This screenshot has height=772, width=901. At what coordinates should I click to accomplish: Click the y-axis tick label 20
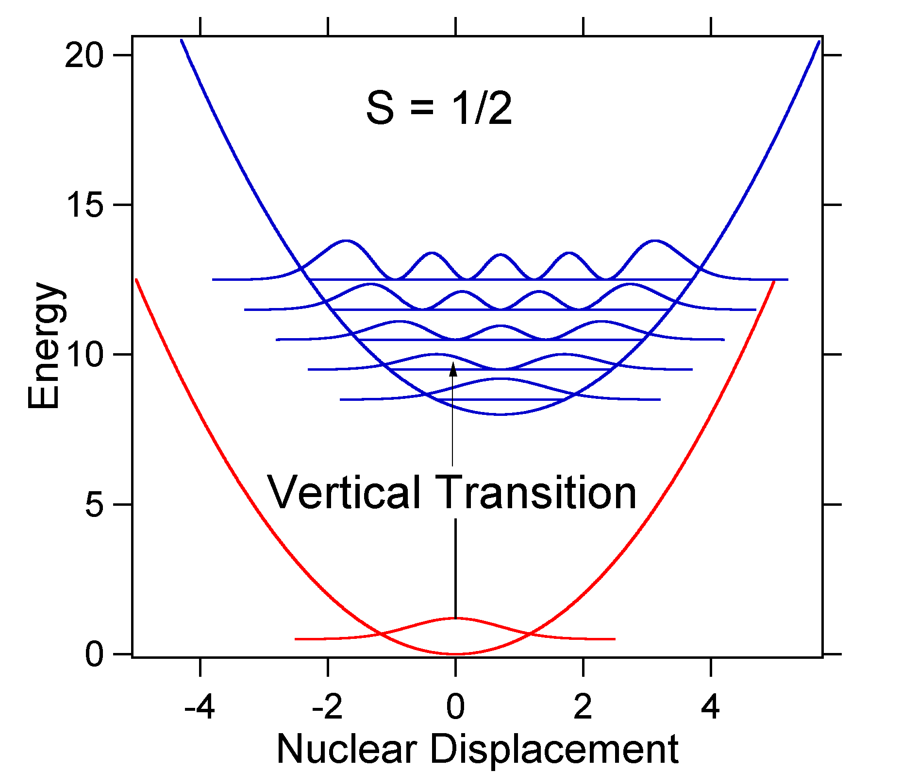[84, 56]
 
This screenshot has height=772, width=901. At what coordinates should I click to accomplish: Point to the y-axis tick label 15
[84, 205]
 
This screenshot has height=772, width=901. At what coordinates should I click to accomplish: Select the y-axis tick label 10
[84, 355]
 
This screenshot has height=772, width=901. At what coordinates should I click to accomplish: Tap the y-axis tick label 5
[94, 505]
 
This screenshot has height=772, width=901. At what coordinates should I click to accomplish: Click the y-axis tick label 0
[94, 655]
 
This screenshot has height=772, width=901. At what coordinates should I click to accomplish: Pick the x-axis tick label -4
[200, 707]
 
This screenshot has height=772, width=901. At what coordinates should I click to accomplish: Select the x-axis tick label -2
[327, 707]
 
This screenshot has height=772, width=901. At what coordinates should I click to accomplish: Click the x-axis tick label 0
[455, 707]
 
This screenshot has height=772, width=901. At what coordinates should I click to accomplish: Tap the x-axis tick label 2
[583, 707]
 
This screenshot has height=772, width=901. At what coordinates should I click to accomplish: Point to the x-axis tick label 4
[710, 707]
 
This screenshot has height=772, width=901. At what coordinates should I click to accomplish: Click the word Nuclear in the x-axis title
[347, 749]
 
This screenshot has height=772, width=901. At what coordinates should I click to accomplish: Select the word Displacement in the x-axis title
[554, 749]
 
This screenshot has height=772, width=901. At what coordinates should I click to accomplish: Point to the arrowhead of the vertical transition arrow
[453, 369]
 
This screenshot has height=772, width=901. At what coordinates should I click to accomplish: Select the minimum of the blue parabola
[500, 414]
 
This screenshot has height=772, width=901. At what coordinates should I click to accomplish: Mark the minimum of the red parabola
[455, 654]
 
